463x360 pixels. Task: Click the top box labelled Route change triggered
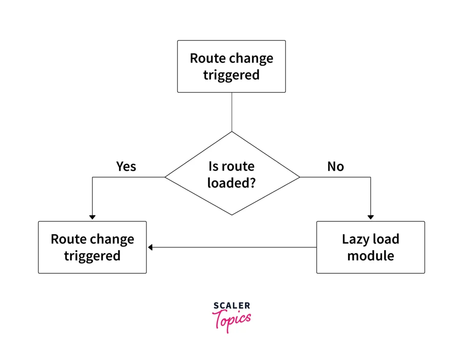(x=231, y=66)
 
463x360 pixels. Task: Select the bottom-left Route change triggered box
(x=92, y=247)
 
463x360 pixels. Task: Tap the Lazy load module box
(x=371, y=247)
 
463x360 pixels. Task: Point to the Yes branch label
(x=126, y=166)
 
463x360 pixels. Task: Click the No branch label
(x=336, y=166)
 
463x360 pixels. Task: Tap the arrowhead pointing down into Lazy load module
(x=371, y=218)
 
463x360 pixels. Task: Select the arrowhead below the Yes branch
(x=92, y=218)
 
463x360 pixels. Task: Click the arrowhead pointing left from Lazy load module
(x=150, y=247)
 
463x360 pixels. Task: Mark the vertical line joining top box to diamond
(x=232, y=112)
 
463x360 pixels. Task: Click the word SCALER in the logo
(x=232, y=305)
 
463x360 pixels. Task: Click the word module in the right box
(x=371, y=256)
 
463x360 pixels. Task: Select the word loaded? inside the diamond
(x=231, y=183)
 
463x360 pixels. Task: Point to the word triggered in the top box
(x=231, y=75)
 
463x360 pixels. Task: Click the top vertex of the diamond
(x=232, y=132)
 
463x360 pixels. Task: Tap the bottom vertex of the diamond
(x=232, y=215)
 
